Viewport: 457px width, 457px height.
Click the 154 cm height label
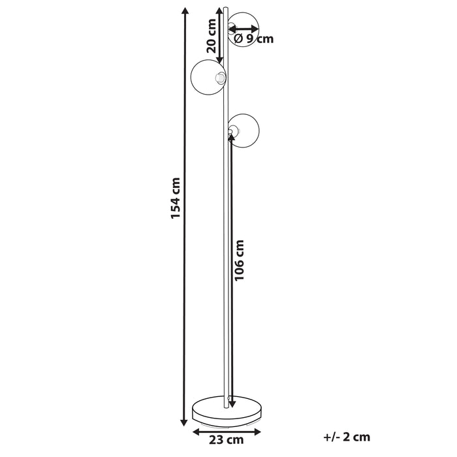[x=176, y=198]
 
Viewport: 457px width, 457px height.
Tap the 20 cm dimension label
[x=211, y=36]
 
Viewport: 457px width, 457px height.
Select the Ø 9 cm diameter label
[x=253, y=39]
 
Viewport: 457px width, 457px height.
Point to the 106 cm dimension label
[x=239, y=260]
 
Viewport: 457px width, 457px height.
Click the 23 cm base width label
[x=226, y=440]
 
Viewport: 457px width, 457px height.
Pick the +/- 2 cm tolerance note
[x=347, y=437]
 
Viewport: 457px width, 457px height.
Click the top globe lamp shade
[x=243, y=30]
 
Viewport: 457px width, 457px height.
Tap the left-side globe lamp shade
[x=208, y=77]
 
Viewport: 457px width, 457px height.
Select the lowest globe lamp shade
[x=244, y=131]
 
